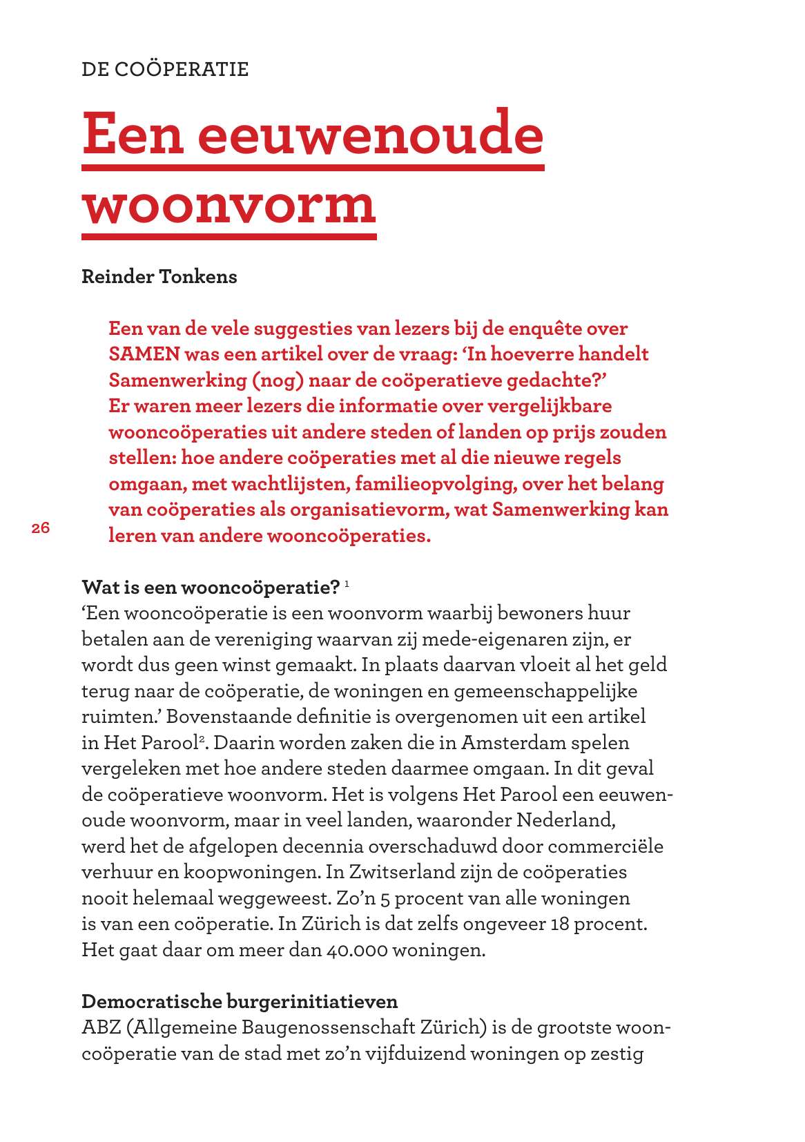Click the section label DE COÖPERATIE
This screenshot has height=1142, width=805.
pyautogui.click(x=165, y=70)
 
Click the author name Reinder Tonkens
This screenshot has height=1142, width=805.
pyautogui.click(x=159, y=277)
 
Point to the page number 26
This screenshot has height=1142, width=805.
pyautogui.click(x=41, y=528)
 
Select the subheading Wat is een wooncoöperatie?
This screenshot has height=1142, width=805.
pyautogui.click(x=211, y=588)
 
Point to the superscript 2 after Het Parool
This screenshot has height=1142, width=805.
pyautogui.click(x=202, y=739)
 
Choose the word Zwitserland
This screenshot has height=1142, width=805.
pyautogui.click(x=402, y=872)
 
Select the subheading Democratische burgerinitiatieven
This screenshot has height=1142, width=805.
pyautogui.click(x=240, y=1002)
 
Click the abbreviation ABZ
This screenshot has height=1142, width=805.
pyautogui.click(x=101, y=1027)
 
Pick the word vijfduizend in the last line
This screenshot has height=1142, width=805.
pyautogui.click(x=411, y=1054)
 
